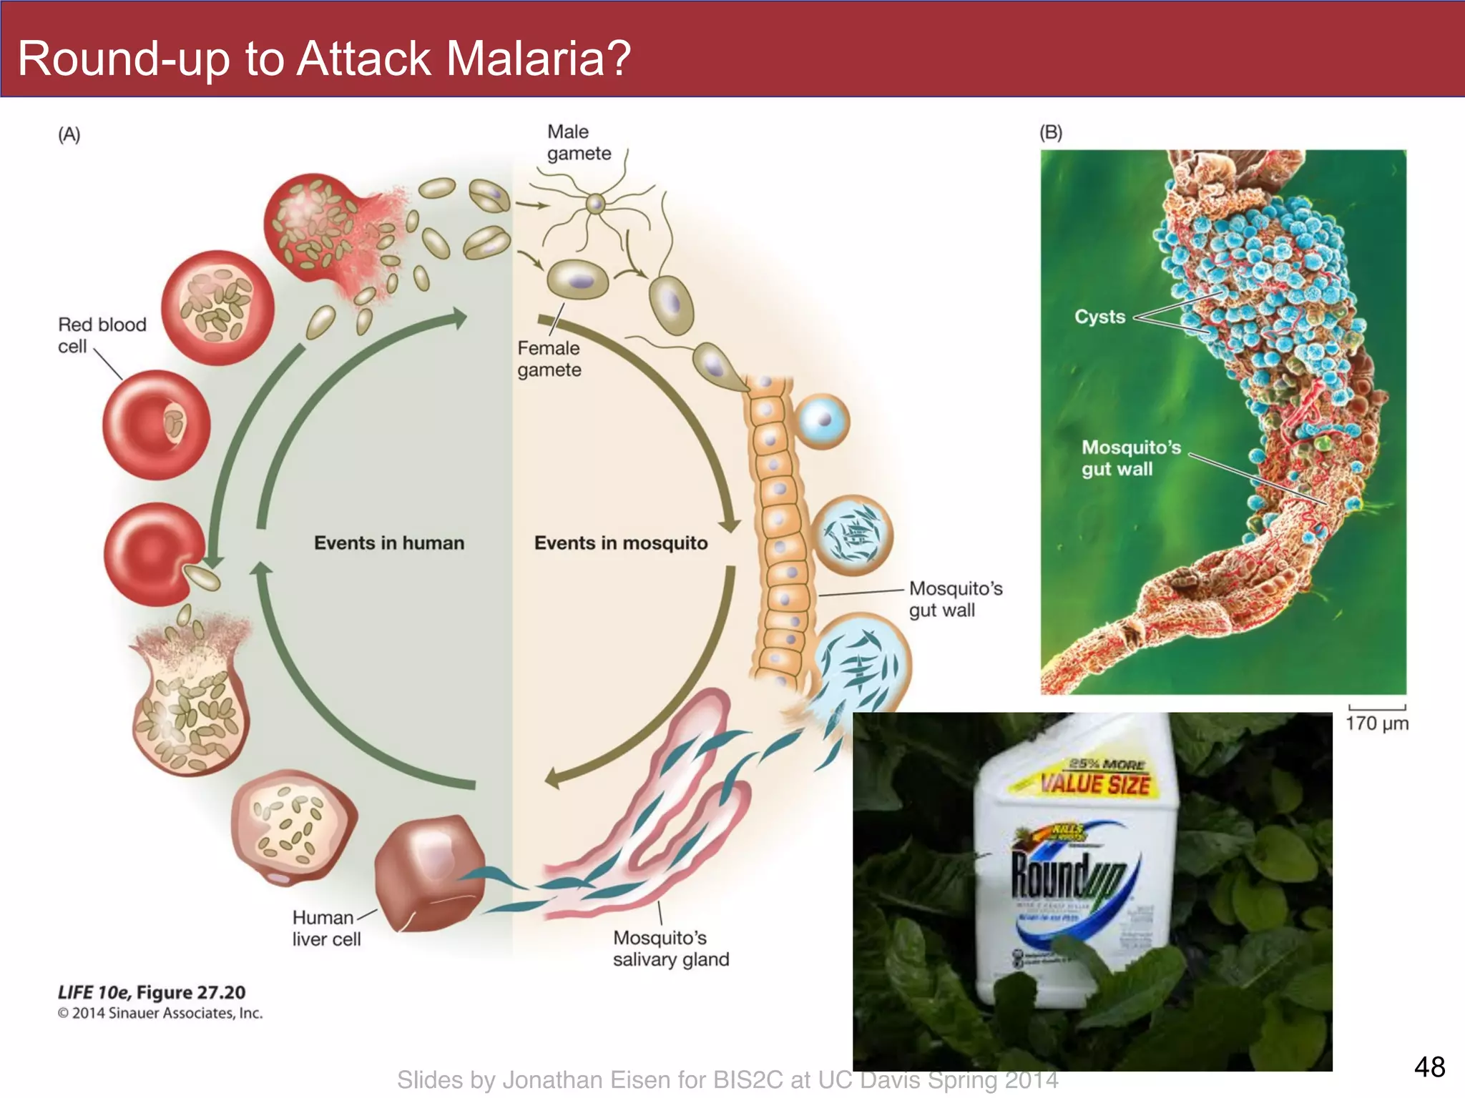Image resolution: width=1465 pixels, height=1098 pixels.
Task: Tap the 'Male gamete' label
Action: coord(578,142)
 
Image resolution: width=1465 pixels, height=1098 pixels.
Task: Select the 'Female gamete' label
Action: coord(549,359)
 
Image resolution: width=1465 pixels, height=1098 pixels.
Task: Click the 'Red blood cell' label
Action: coord(101,335)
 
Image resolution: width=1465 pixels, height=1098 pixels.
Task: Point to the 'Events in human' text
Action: coord(388,543)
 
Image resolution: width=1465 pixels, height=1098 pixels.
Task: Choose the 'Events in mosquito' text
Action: coord(620,543)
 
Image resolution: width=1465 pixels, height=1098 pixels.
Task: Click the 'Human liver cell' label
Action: coord(325,928)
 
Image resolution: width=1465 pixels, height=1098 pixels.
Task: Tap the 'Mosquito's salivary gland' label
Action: coord(670,948)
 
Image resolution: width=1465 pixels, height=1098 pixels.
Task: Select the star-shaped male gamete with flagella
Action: coord(595,204)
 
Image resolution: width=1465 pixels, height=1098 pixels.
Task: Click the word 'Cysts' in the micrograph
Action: coord(1099,317)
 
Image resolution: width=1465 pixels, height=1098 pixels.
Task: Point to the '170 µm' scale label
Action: coord(1376,723)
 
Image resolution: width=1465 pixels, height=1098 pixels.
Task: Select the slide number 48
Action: coord(1429,1067)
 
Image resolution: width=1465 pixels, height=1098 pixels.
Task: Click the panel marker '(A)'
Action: coord(69,134)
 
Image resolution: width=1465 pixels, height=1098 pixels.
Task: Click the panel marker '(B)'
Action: coord(1050,132)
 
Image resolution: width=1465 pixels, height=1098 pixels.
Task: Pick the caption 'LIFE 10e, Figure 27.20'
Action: coord(151,992)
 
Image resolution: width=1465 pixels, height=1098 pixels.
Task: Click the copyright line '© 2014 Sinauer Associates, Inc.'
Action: coord(160,1013)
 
